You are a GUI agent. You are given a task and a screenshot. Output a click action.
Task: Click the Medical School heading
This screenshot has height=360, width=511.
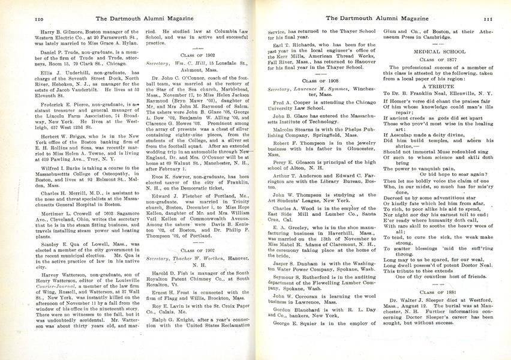(x=432, y=52)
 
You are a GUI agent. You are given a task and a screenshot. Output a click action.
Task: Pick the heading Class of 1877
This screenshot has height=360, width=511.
(x=432, y=60)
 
